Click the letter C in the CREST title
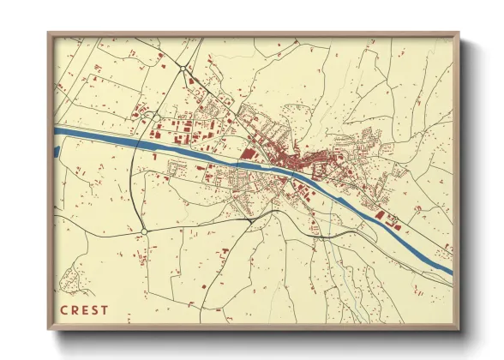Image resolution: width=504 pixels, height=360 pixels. pos(63,310)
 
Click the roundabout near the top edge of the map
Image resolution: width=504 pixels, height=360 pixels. pos(183,68)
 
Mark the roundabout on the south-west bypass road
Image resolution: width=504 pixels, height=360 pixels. pos(145,231)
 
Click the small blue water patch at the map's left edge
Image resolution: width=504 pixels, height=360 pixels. pos(57,152)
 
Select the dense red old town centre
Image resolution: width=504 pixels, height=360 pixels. pos(296,159)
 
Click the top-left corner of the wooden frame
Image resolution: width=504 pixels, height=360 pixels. pos(50,34)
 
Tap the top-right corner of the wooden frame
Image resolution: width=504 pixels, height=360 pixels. pos(458,34)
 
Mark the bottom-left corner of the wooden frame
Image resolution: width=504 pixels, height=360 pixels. pos(50,328)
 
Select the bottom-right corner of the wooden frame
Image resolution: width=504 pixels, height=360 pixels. pos(458,328)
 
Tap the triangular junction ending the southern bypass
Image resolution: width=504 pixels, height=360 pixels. pos(249,219)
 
